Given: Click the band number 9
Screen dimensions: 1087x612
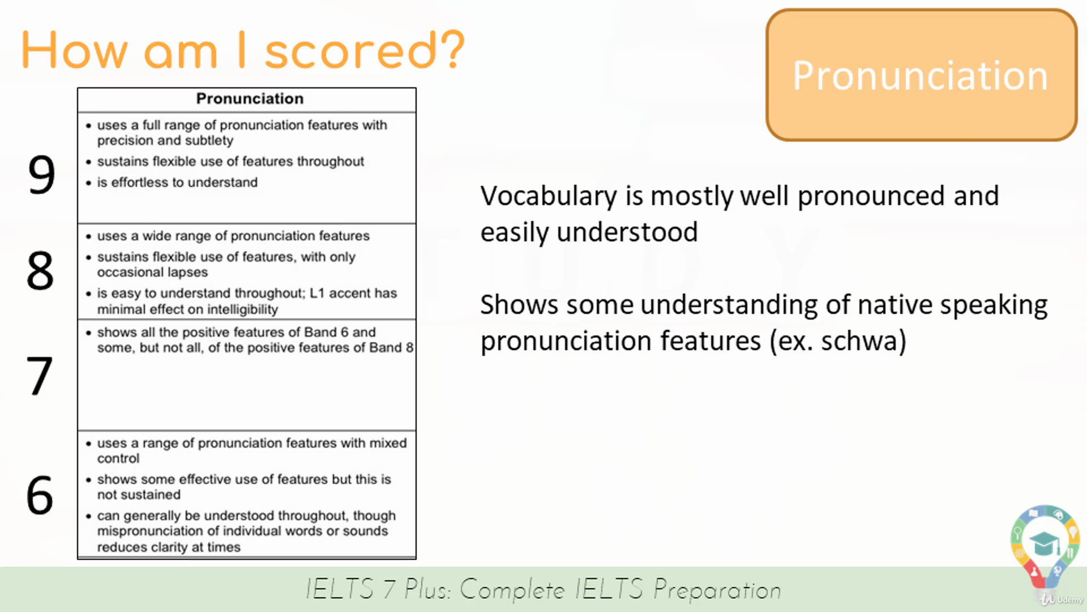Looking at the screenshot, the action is coord(41,175).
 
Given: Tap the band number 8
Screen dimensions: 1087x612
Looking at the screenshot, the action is coord(40,271).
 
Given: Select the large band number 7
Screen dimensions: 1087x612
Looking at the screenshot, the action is coord(40,376).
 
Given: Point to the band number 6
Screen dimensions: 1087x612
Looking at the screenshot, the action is coord(40,495).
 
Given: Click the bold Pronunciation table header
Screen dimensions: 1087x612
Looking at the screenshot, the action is coord(250,99).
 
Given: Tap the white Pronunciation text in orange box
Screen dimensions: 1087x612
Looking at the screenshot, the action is coord(920,75).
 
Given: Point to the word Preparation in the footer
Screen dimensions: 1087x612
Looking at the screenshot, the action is coord(717,590).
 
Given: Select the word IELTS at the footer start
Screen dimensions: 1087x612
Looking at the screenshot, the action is coord(340,589).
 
